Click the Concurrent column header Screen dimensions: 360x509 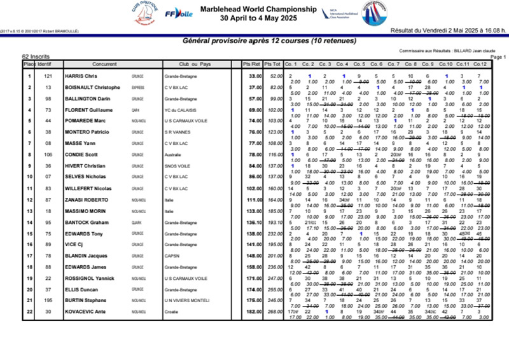(104, 64)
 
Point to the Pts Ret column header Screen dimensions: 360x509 (251, 64)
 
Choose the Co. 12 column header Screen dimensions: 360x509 (480, 64)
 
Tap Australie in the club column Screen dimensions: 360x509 (173, 155)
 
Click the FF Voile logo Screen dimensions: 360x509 (179, 13)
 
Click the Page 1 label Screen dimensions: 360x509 (498, 57)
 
